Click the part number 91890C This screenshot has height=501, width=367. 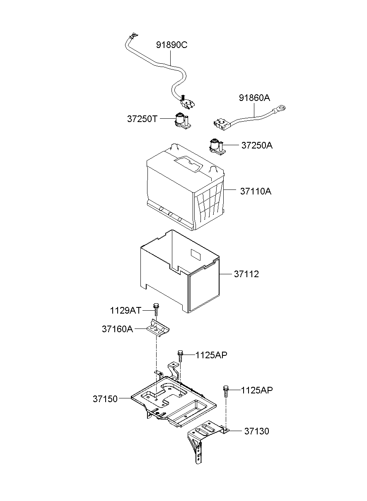[171, 45]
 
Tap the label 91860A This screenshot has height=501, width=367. [254, 98]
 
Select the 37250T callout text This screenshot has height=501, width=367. [142, 119]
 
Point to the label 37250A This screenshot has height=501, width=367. [257, 146]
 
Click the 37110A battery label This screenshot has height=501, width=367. [256, 192]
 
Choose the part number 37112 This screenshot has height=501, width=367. [246, 274]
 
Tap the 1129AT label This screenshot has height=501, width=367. [126, 310]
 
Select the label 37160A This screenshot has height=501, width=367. [117, 329]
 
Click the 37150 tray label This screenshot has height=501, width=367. [105, 399]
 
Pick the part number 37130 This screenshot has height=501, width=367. [256, 431]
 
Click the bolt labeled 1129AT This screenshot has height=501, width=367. [156, 310]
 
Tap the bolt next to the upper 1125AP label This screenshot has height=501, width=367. [181, 356]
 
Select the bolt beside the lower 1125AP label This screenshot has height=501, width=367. [226, 391]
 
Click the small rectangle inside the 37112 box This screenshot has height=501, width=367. [195, 253]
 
